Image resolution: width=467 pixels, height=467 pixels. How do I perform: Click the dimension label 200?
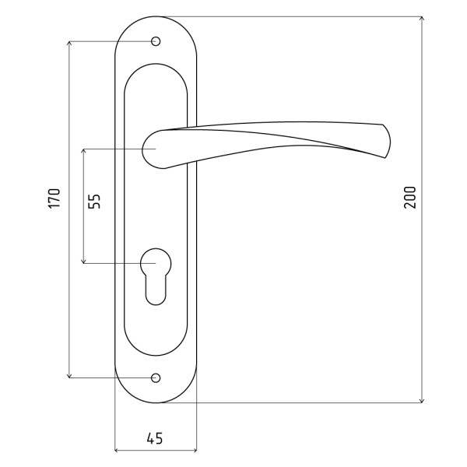(x=410, y=197)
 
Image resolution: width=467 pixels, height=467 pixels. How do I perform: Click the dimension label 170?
(x=54, y=198)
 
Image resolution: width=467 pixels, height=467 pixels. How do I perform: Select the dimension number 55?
(x=95, y=202)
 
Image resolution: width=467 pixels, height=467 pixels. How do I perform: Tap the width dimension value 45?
(x=155, y=438)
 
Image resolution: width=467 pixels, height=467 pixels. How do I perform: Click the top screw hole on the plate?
(x=156, y=41)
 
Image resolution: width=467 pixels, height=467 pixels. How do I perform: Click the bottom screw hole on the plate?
(x=156, y=378)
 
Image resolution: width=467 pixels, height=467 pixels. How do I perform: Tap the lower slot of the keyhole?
(x=156, y=290)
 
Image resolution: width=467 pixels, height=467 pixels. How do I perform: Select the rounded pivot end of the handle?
(x=152, y=149)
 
